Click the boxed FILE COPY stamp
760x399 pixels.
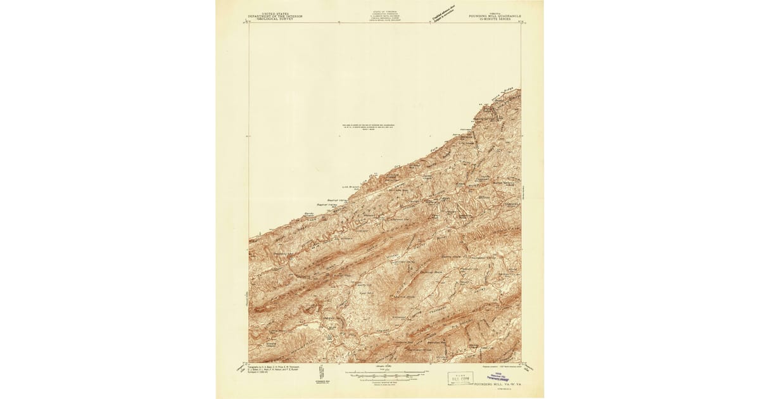[460, 378]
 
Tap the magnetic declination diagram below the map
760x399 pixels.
[318, 377]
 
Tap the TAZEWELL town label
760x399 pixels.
[510, 204]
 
